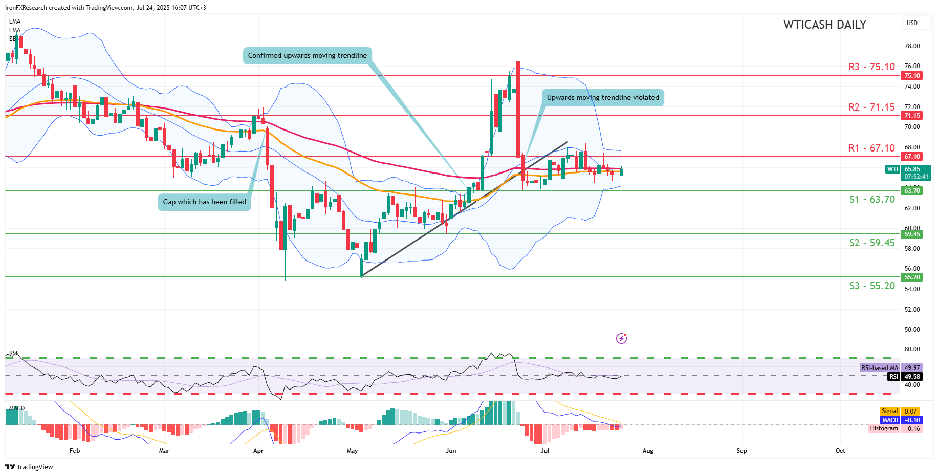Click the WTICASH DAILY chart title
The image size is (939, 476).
click(824, 25)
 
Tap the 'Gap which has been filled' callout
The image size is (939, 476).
click(204, 202)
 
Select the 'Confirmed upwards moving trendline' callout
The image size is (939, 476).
click(307, 55)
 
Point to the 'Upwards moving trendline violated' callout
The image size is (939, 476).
click(603, 97)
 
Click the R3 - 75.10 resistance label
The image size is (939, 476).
click(871, 67)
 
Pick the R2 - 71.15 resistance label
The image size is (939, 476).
click(871, 107)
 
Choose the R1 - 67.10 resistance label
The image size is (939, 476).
click(871, 148)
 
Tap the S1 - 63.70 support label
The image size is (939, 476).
click(872, 199)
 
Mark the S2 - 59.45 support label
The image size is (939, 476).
click(872, 243)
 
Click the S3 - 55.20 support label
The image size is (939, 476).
click(872, 286)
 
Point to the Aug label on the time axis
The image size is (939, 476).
click(648, 451)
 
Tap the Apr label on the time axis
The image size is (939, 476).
click(258, 451)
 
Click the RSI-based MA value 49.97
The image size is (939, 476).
click(912, 367)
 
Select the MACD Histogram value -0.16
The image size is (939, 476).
click(911, 428)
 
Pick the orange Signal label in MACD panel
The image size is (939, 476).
click(889, 411)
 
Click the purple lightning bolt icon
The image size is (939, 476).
click(621, 338)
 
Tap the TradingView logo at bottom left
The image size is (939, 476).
click(29, 467)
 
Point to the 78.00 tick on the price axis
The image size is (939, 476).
click(912, 46)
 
